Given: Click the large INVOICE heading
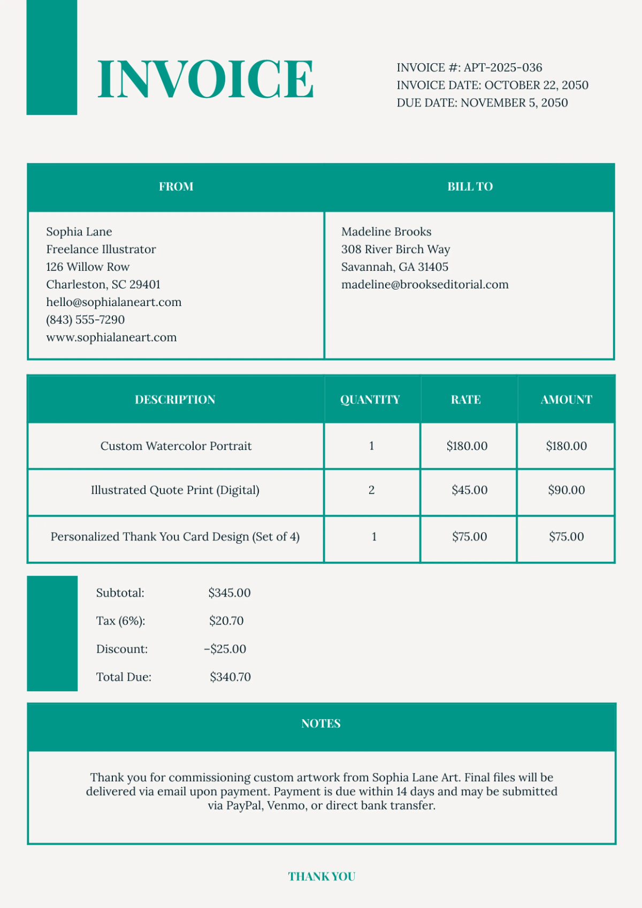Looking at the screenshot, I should (205, 79).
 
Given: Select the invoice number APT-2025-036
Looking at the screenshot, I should (502, 67).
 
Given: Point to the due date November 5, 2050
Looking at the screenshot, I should (514, 103).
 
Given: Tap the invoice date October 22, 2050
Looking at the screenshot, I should (536, 85).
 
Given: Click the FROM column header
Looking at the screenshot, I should (176, 187).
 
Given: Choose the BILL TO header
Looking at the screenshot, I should (470, 187).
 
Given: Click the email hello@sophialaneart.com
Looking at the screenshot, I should (114, 302).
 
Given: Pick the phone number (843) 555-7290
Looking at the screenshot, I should (86, 320).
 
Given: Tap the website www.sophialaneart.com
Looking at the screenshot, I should (111, 338).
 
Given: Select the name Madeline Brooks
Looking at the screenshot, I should (386, 232).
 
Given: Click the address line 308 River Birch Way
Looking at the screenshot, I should (396, 249).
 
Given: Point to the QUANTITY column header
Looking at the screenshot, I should (370, 400).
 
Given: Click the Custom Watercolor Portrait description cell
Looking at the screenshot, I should (176, 446).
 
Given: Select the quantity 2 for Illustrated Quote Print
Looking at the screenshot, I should (372, 490).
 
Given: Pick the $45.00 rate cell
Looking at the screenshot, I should (469, 490).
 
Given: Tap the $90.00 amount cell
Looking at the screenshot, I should (566, 490).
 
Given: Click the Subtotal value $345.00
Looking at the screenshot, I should (230, 593).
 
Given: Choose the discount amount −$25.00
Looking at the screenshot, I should (225, 649).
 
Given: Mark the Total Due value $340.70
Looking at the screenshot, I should (230, 677).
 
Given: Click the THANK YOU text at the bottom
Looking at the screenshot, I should (322, 876).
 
